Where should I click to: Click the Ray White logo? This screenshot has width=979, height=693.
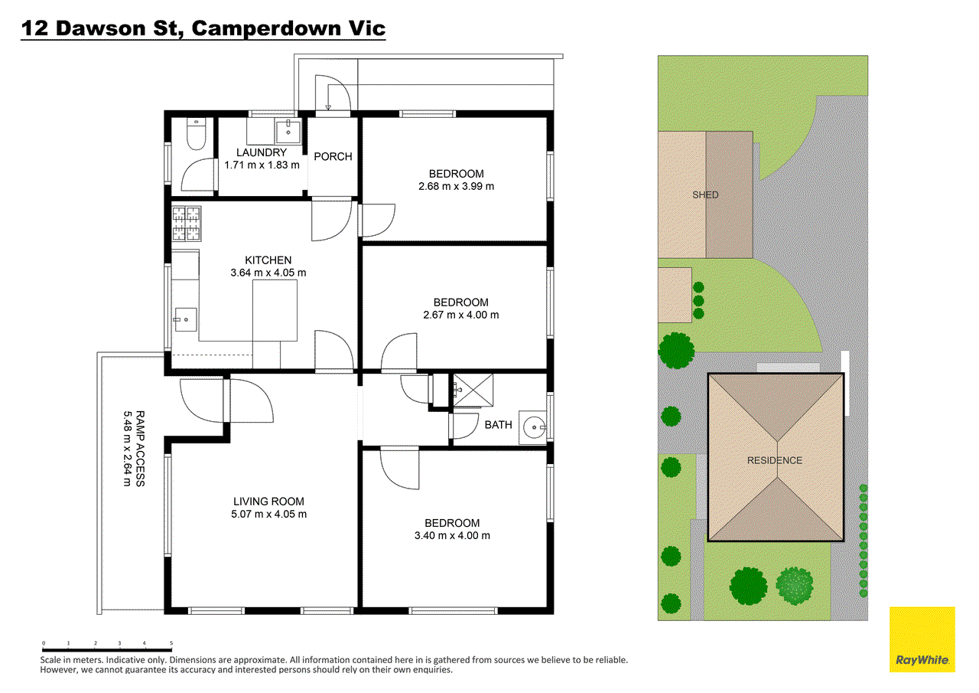pos(922,639)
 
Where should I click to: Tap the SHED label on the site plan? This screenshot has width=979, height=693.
pos(705,194)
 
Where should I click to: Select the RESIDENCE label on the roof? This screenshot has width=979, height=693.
pos(775,460)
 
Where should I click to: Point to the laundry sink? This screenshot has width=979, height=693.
pos(289,130)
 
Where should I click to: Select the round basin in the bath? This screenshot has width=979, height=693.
pos(532,427)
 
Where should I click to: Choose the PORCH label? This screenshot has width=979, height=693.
pos(333,156)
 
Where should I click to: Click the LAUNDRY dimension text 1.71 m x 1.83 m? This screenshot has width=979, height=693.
pos(262,165)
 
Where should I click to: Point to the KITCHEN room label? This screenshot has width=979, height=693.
pos(268,260)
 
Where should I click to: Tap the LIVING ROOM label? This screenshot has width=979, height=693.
pos(270,502)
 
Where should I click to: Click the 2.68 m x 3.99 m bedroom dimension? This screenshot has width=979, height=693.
pos(457,186)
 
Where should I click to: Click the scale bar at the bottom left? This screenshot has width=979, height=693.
pos(107,649)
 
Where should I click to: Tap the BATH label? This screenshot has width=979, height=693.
pos(498,425)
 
